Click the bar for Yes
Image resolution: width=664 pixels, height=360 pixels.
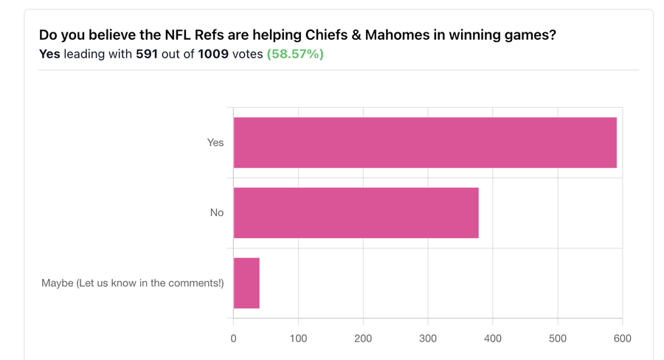click(425, 142)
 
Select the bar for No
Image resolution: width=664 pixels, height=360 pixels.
click(356, 212)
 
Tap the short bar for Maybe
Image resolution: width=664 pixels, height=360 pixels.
click(246, 283)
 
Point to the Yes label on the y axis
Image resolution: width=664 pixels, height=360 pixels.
click(215, 142)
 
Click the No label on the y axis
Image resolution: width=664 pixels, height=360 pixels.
click(217, 212)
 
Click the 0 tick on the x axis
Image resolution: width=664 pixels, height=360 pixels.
click(234, 339)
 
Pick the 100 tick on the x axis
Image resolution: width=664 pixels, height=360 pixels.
click(298, 339)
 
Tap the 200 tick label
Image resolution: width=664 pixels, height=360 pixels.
click(363, 339)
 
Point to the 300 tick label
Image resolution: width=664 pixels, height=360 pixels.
click(428, 339)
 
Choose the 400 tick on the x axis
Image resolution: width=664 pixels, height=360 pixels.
click(493, 339)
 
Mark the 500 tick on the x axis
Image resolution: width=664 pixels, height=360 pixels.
click(558, 339)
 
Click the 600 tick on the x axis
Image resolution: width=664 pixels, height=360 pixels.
click(622, 339)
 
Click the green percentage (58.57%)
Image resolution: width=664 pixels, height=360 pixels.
click(295, 55)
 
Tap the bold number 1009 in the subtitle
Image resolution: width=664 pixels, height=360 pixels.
click(213, 55)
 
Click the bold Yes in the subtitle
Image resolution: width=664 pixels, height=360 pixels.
click(49, 55)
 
